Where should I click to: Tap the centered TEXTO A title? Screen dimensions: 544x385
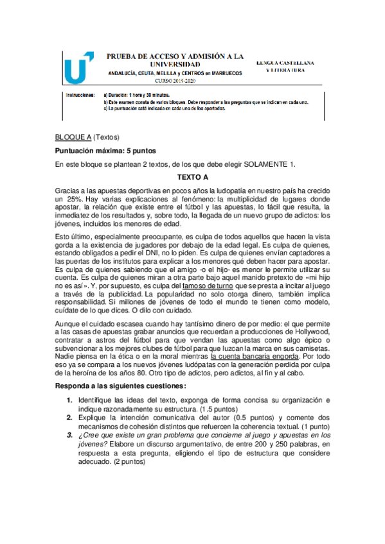[192, 176]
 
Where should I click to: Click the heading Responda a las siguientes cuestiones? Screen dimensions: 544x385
[121, 386]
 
